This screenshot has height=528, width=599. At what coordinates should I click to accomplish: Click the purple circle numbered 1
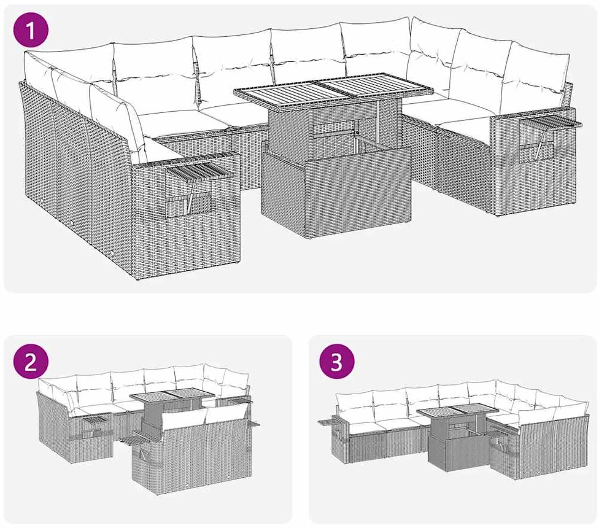click(x=31, y=30)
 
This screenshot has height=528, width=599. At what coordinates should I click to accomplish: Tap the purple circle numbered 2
click(x=31, y=362)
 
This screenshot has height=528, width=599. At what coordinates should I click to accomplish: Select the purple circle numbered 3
click(x=336, y=362)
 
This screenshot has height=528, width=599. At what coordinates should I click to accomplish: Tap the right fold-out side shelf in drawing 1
click(x=550, y=123)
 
